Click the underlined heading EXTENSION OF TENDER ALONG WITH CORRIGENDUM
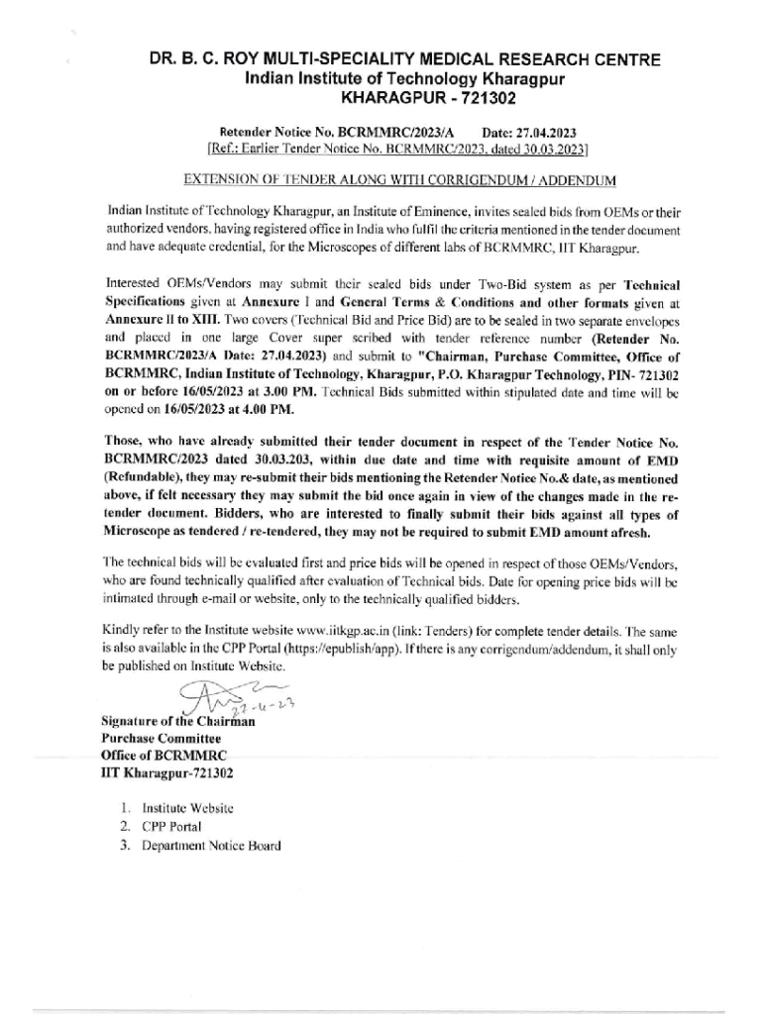point(400,181)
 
